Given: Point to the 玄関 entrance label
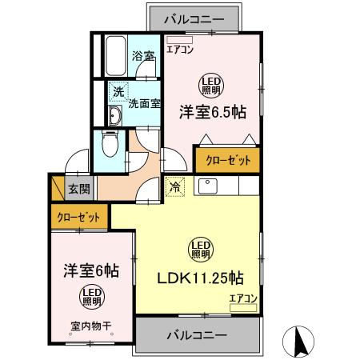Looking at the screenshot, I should click(78, 190).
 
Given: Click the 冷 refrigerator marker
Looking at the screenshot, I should click(174, 189).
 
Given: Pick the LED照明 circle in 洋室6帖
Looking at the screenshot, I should click(90, 298).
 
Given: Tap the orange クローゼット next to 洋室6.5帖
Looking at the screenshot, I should click(227, 160).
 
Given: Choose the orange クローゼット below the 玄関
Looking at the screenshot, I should click(79, 216).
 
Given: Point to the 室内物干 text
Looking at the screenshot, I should click(88, 326).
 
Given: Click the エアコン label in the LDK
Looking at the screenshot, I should click(243, 298).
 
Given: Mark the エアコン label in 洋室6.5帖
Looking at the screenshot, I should click(180, 49).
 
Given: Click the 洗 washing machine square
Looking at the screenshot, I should click(117, 92).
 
